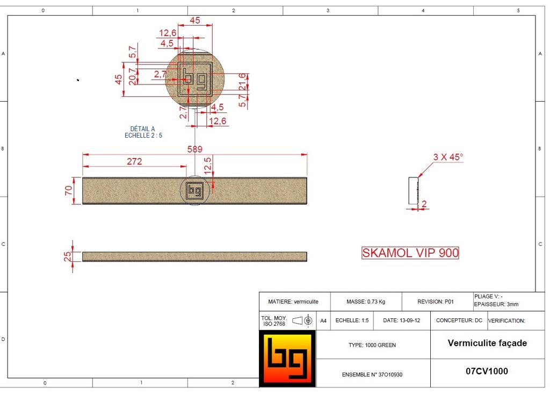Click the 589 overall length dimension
click(x=194, y=149)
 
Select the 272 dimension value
click(x=134, y=161)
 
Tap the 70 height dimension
click(x=69, y=190)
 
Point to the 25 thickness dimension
click(x=68, y=256)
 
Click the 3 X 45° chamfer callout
click(x=448, y=158)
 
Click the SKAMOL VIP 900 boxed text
click(x=410, y=253)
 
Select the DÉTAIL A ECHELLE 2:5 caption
click(x=143, y=132)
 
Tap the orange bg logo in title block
click(x=287, y=359)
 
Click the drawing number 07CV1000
click(x=487, y=371)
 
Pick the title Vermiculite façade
click(x=487, y=343)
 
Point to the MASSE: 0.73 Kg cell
click(x=365, y=302)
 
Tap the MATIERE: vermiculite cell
click(x=293, y=302)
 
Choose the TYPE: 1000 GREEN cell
click(x=372, y=345)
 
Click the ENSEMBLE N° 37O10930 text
click(x=372, y=374)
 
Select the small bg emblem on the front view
click(x=194, y=190)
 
